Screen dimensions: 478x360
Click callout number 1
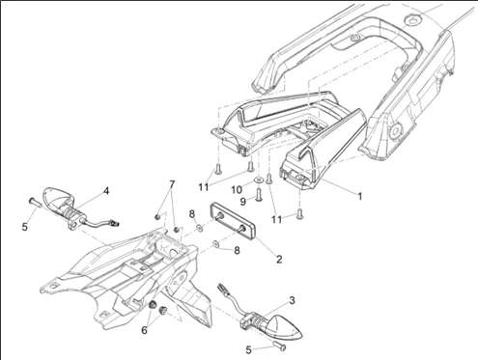[x=360, y=196]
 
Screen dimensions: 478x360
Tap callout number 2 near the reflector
[x=279, y=260]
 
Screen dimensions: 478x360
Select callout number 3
[x=292, y=300]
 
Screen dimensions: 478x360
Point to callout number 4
[x=106, y=191]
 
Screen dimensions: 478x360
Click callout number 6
[x=144, y=330]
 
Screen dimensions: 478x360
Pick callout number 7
[x=172, y=184]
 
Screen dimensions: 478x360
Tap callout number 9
[x=243, y=202]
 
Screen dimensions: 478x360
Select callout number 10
[x=237, y=190]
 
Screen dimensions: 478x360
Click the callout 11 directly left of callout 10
[x=204, y=187]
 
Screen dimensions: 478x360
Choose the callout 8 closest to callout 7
[x=192, y=213]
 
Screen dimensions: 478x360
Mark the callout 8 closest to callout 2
[x=237, y=250]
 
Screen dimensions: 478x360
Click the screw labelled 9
[x=258, y=195]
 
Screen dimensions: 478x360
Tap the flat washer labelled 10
[x=259, y=180]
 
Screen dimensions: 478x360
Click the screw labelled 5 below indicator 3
[x=280, y=346]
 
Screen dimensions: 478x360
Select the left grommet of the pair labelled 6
[x=153, y=304]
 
